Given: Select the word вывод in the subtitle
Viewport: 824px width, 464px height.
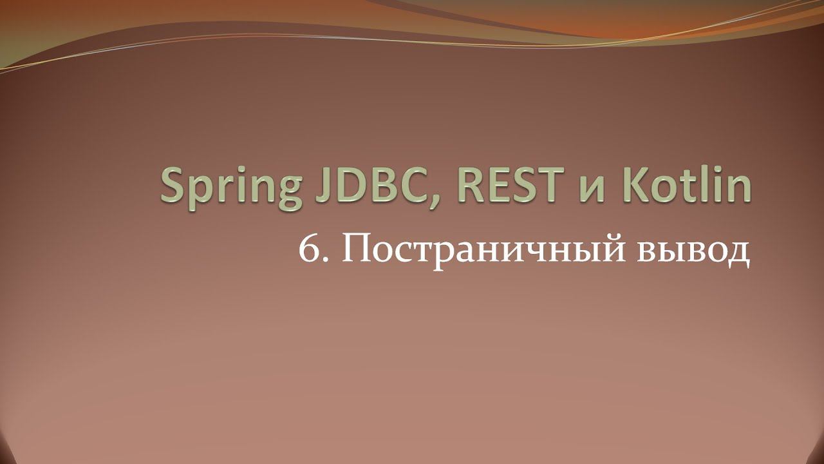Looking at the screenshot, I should [x=693, y=251].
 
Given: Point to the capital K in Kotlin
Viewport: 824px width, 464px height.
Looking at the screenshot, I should [x=627, y=185].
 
